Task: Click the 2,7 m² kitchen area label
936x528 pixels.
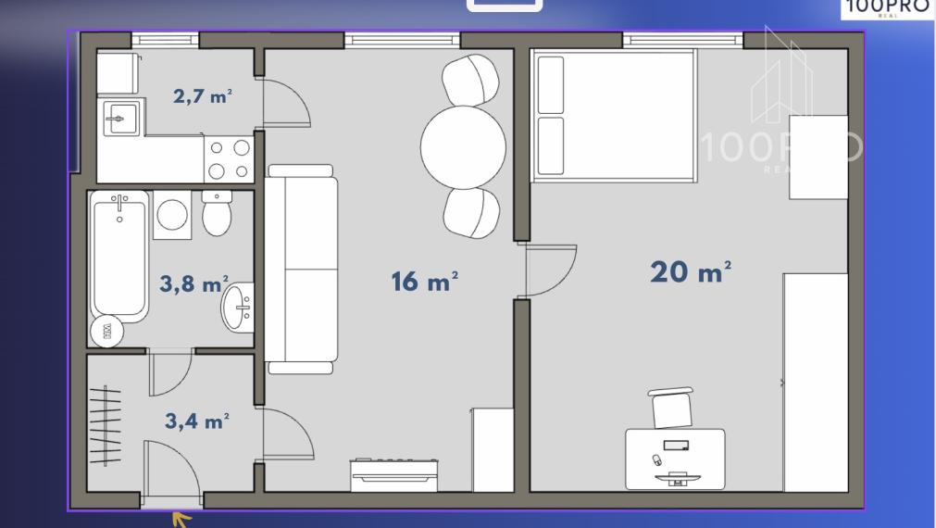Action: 203,95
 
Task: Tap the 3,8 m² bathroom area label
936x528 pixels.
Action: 194,283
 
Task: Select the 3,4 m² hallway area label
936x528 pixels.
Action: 197,421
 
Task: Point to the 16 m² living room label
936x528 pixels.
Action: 424,282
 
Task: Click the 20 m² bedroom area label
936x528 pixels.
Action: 690,271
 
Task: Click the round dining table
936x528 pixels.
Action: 463,147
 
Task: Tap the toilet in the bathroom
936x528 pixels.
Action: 217,213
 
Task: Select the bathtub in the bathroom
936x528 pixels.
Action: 119,257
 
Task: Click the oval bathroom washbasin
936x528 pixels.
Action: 238,308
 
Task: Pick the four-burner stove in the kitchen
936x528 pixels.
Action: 229,159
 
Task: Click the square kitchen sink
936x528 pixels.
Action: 122,119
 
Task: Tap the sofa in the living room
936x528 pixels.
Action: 301,270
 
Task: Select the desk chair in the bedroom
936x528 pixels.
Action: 671,408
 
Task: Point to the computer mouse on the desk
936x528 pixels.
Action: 657,459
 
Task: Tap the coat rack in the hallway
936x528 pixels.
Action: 105,425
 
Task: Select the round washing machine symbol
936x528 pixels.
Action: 172,215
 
